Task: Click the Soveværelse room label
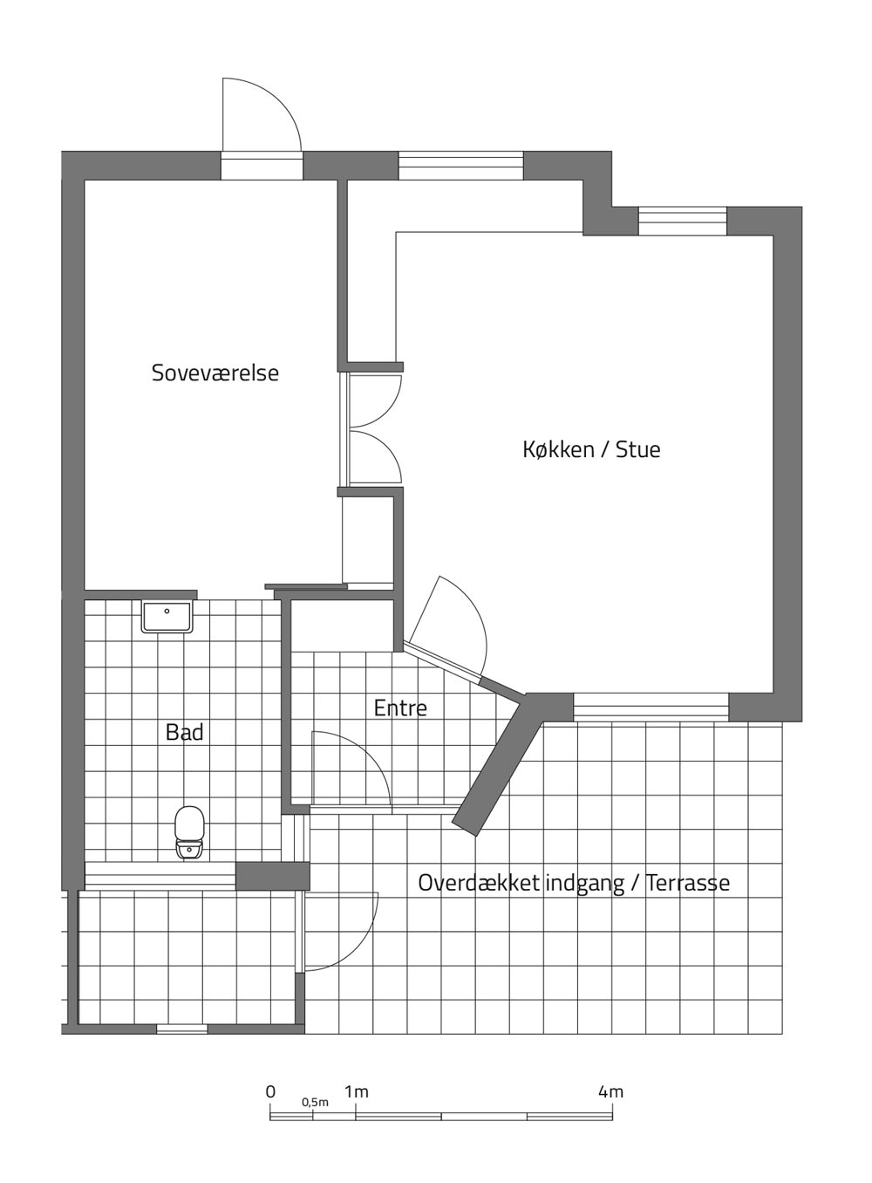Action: click(215, 373)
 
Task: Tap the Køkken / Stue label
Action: click(591, 449)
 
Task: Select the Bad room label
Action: click(184, 733)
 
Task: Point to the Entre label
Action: click(400, 708)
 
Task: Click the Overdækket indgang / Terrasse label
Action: click(574, 883)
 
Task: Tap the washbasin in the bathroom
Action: click(167, 617)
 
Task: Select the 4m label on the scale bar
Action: click(611, 1087)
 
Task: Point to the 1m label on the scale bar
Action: click(357, 1087)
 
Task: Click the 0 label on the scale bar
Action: click(270, 1087)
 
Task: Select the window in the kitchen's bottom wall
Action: click(651, 706)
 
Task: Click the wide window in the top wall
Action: click(460, 166)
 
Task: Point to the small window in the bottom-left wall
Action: click(182, 1029)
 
